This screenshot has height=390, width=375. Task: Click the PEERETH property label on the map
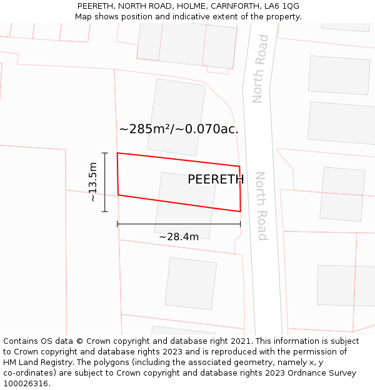216,180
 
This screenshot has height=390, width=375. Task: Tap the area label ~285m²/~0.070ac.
179,129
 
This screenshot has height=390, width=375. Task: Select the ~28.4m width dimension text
179,237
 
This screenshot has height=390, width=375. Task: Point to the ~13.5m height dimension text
92,182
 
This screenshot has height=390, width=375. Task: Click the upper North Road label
261,69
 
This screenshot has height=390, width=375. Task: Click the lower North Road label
261,206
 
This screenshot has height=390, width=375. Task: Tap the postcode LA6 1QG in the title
282,6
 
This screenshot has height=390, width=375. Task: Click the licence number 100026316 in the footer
26,384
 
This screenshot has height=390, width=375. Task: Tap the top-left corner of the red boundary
117,153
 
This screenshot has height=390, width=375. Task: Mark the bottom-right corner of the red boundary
241,212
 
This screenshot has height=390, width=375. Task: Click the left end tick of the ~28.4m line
117,223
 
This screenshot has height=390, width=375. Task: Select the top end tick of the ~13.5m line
104,153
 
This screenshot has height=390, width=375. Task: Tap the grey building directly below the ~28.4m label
191,283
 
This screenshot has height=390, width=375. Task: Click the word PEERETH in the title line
97,6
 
